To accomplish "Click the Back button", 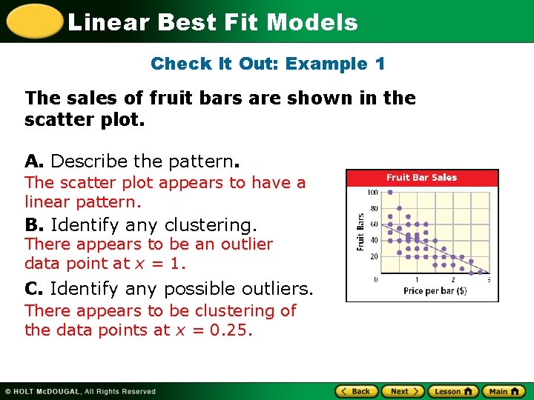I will pos(356,391).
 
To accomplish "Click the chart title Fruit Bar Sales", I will pos(421,178).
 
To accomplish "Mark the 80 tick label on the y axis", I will pos(373,208).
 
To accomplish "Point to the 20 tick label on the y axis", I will pos(373,256).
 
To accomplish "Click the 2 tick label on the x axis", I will pos(452,280).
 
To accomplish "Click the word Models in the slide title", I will pos(312,22).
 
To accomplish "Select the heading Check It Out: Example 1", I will pos(268,64).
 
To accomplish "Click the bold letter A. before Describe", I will pos(35,161).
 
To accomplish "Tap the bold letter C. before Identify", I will pos(34,288).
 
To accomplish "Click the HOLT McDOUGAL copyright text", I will pos(80,391).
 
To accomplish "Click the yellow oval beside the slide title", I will pos(33,21).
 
